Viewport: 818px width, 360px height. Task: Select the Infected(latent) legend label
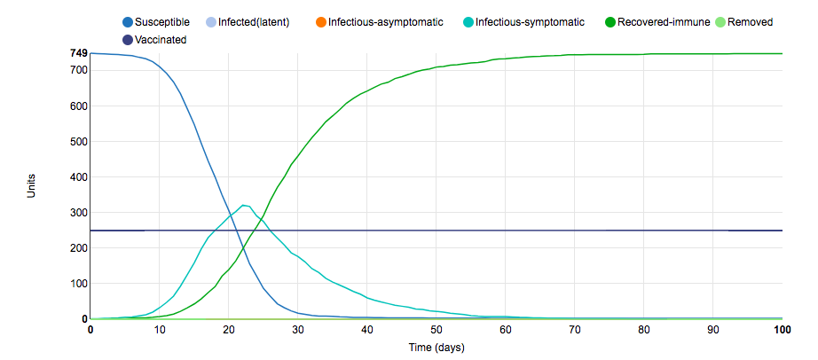click(x=254, y=22)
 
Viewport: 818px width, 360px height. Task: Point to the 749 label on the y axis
click(x=78, y=53)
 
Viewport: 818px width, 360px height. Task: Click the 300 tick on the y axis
click(x=78, y=213)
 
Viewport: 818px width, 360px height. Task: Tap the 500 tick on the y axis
click(x=78, y=142)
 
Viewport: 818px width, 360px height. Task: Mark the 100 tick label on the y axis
click(x=78, y=284)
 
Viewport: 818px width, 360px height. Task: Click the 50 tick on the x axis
click(x=437, y=330)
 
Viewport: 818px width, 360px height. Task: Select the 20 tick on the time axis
click(x=229, y=330)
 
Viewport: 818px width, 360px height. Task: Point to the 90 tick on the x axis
click(x=713, y=330)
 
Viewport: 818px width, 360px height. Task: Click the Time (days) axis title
click(x=436, y=347)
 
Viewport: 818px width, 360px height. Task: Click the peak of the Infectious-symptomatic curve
click(x=244, y=206)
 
